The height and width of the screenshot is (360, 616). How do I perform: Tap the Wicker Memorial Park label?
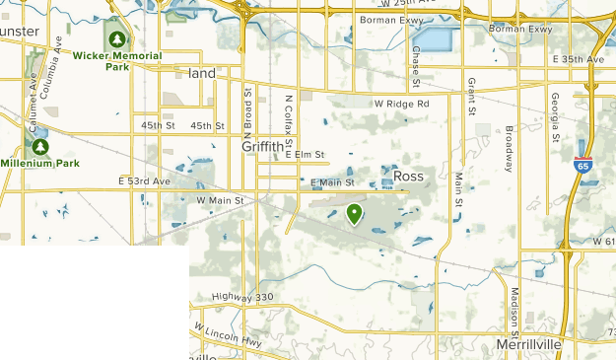[117, 61]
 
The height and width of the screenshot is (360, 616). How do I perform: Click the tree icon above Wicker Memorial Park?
[117, 39]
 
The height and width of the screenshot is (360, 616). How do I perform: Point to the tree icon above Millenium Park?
[40, 146]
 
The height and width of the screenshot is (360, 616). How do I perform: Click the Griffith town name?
[261, 146]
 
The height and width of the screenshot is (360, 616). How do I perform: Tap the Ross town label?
[408, 176]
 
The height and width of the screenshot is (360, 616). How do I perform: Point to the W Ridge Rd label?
[402, 104]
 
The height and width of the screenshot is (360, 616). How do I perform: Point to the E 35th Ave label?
[578, 60]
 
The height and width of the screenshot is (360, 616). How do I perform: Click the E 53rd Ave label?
[145, 181]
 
